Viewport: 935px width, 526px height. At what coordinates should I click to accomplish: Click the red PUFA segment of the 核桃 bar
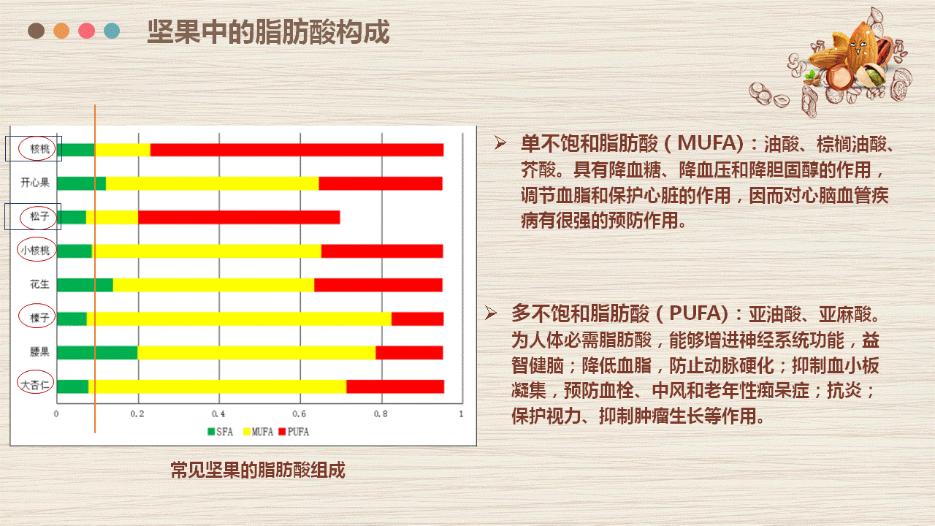pyautogui.click(x=297, y=150)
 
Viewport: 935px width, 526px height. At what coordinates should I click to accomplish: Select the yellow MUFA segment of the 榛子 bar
pyautogui.click(x=239, y=319)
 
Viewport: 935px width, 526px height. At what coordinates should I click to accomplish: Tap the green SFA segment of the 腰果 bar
pyautogui.click(x=97, y=352)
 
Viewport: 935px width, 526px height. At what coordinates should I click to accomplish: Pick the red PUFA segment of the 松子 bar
pyautogui.click(x=239, y=218)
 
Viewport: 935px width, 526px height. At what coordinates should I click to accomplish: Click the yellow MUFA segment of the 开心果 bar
pyautogui.click(x=213, y=183)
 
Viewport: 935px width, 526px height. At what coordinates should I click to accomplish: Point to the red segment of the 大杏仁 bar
pyautogui.click(x=395, y=386)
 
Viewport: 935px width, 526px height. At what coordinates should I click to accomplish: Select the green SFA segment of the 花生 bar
pyautogui.click(x=85, y=285)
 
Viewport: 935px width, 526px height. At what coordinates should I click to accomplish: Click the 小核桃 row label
pyautogui.click(x=36, y=251)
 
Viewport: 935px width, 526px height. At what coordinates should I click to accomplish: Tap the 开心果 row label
pyautogui.click(x=35, y=183)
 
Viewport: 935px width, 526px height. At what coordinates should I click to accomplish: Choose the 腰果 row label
pyautogui.click(x=39, y=351)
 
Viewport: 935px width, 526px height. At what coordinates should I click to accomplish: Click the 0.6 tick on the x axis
pyautogui.click(x=299, y=413)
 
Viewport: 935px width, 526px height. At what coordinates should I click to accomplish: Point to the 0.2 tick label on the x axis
pyautogui.click(x=137, y=413)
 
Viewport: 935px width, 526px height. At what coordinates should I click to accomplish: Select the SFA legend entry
pyautogui.click(x=221, y=432)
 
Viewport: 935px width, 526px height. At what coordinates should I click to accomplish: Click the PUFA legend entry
pyautogui.click(x=294, y=432)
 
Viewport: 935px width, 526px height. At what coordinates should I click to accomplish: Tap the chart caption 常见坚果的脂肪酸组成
pyautogui.click(x=258, y=470)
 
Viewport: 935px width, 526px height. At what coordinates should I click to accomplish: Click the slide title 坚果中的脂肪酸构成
pyautogui.click(x=268, y=31)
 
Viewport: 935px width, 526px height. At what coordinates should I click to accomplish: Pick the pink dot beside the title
pyautogui.click(x=86, y=31)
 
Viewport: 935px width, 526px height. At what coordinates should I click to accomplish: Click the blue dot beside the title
pyautogui.click(x=112, y=31)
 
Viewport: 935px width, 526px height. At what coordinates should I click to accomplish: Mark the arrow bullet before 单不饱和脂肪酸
pyautogui.click(x=500, y=142)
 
